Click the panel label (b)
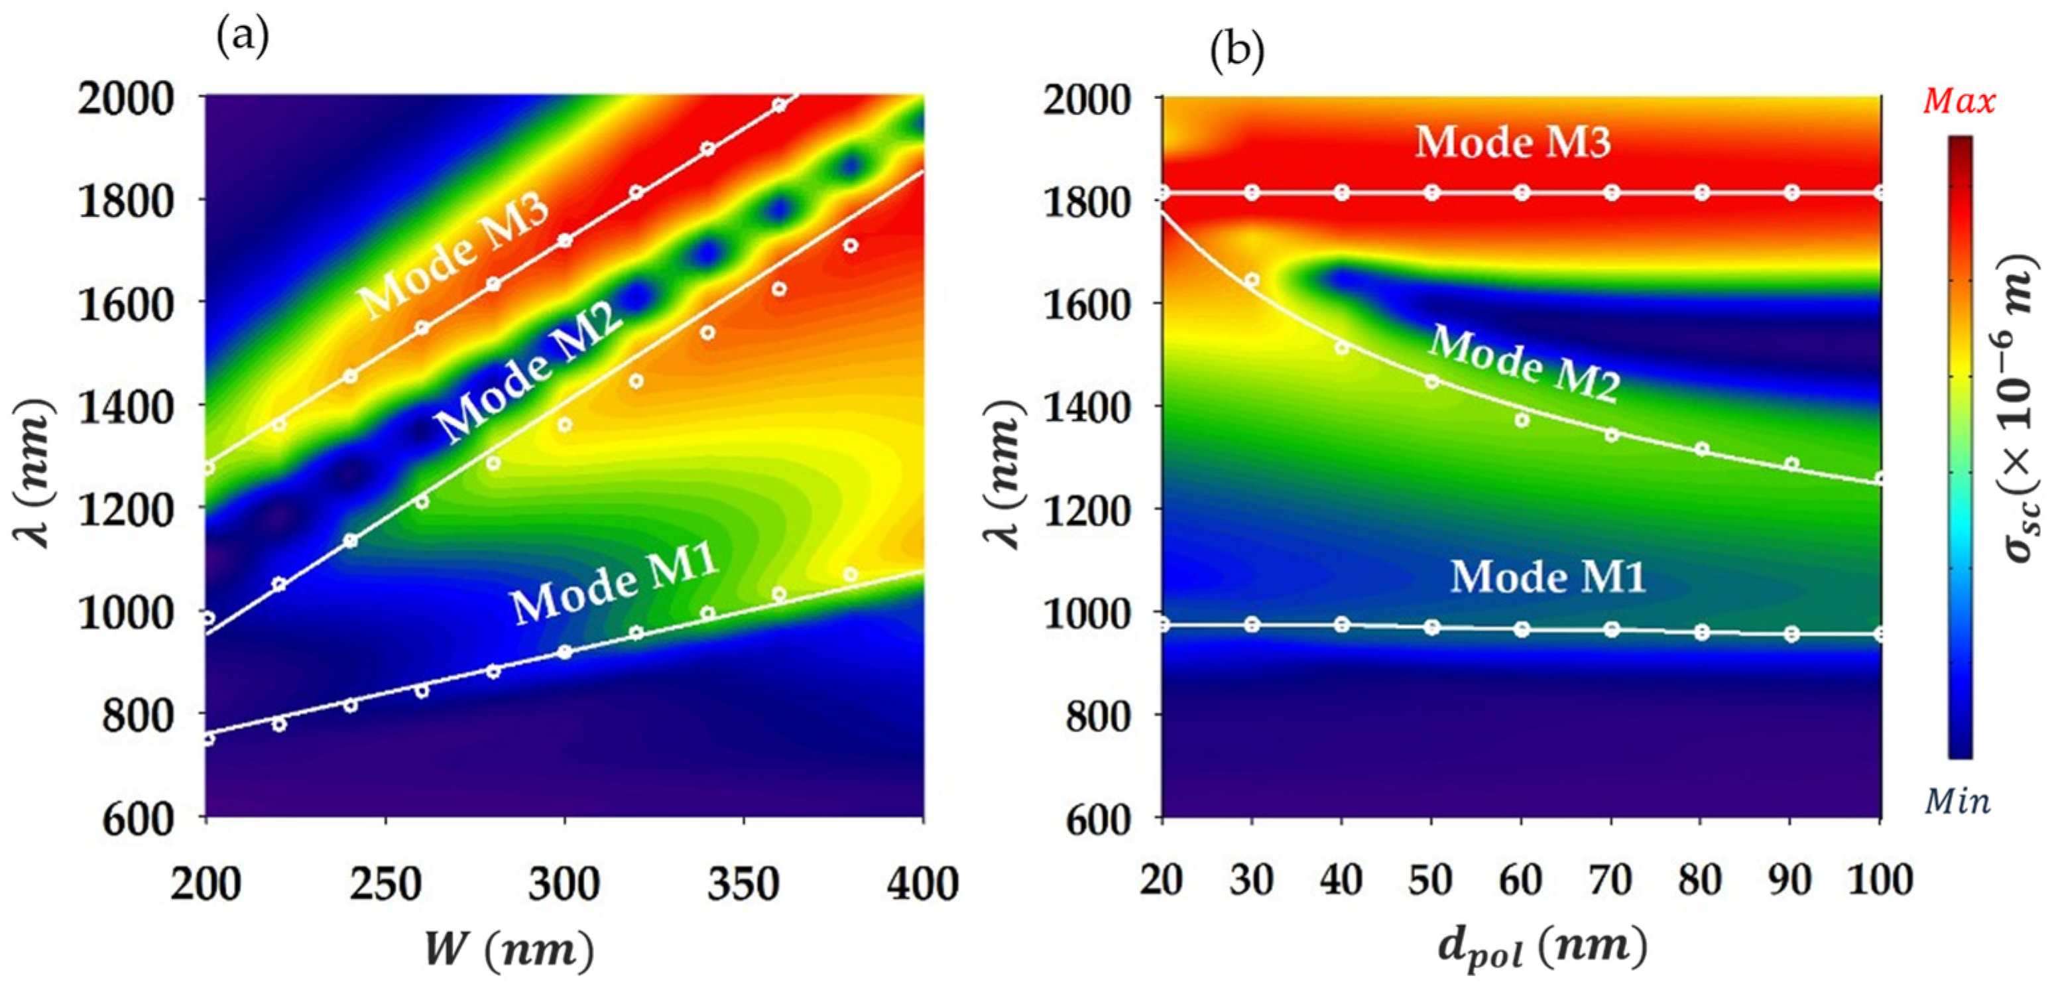point(1237,52)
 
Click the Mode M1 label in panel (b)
point(1547,576)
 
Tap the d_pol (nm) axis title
point(1542,950)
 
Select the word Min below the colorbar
point(1957,800)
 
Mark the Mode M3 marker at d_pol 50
point(1432,192)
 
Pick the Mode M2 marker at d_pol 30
point(1252,280)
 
